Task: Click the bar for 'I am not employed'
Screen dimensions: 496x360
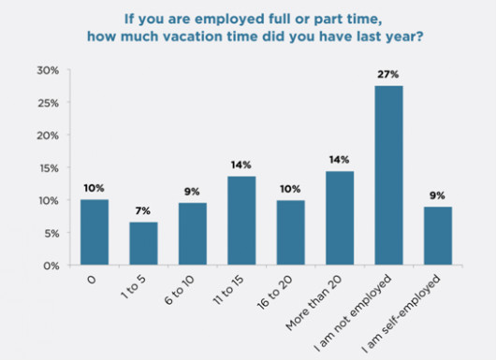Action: tap(388, 175)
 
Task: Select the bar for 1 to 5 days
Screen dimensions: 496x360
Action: tap(143, 243)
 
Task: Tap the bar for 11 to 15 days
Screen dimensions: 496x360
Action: tap(241, 221)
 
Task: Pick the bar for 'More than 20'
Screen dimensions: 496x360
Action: tap(340, 218)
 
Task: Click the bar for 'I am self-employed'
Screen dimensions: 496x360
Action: tap(438, 236)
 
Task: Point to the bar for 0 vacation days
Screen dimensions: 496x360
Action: tap(95, 232)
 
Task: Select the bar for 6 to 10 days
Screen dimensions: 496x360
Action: tap(193, 234)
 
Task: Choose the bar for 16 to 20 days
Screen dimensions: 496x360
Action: tap(291, 233)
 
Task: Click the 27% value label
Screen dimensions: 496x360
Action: tap(388, 75)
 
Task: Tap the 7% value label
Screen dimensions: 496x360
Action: tap(143, 210)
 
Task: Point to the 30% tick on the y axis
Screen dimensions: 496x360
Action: tap(48, 70)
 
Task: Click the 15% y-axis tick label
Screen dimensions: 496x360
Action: tap(49, 168)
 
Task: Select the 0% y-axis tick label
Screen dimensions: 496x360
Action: tap(51, 266)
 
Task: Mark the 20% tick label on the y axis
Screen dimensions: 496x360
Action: tap(48, 136)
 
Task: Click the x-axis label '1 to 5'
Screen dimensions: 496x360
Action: tap(134, 287)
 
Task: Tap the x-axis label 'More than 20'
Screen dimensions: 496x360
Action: tap(314, 302)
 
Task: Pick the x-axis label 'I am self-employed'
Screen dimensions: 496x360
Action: tap(401, 314)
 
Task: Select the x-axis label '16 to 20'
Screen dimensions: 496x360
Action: tap(274, 293)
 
